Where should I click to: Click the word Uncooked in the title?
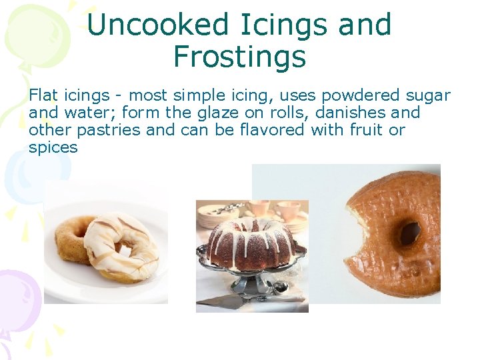[148, 25]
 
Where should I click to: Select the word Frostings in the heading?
[239, 57]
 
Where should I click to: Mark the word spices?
[53, 147]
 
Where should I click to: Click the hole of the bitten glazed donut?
[409, 233]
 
